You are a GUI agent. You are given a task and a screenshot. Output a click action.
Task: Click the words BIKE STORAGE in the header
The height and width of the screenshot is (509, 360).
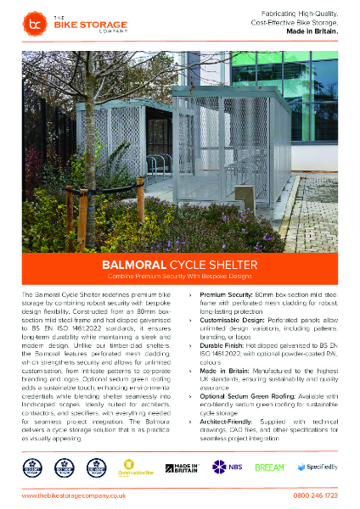pos(76,26)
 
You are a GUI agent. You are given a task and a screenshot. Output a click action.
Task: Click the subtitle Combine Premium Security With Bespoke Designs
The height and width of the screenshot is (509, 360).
pos(179,277)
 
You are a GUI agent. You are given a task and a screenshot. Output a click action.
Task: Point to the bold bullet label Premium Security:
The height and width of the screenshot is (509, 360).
pos(227,293)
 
